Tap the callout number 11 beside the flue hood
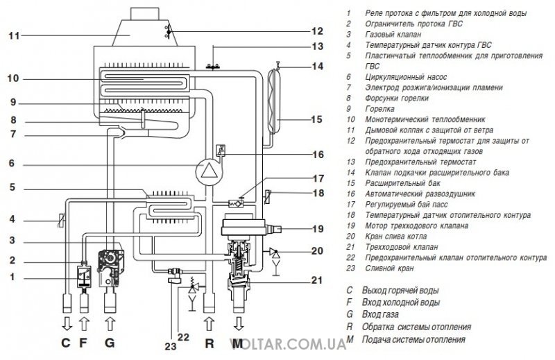click(x=14, y=36)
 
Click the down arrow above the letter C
click(x=67, y=323)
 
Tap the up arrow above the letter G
click(x=110, y=323)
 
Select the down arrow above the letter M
click(x=239, y=323)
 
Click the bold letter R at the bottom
click(x=210, y=343)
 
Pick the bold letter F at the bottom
click(x=83, y=343)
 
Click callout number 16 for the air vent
click(x=318, y=155)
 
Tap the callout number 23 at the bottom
click(x=170, y=346)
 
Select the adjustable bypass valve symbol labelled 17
click(x=236, y=203)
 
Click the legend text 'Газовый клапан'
click(x=393, y=35)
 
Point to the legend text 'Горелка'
click(x=379, y=109)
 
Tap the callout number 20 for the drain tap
click(x=318, y=251)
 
